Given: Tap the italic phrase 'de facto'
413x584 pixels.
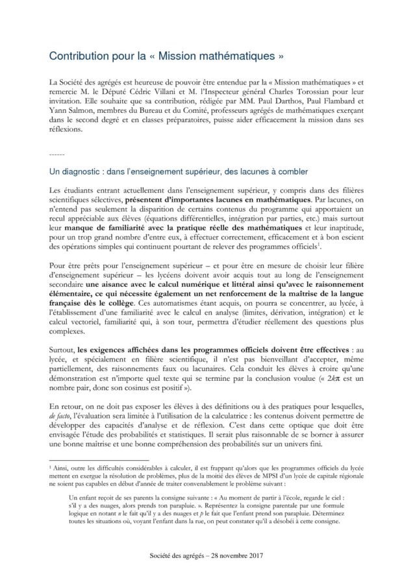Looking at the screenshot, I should [x=62, y=411].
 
